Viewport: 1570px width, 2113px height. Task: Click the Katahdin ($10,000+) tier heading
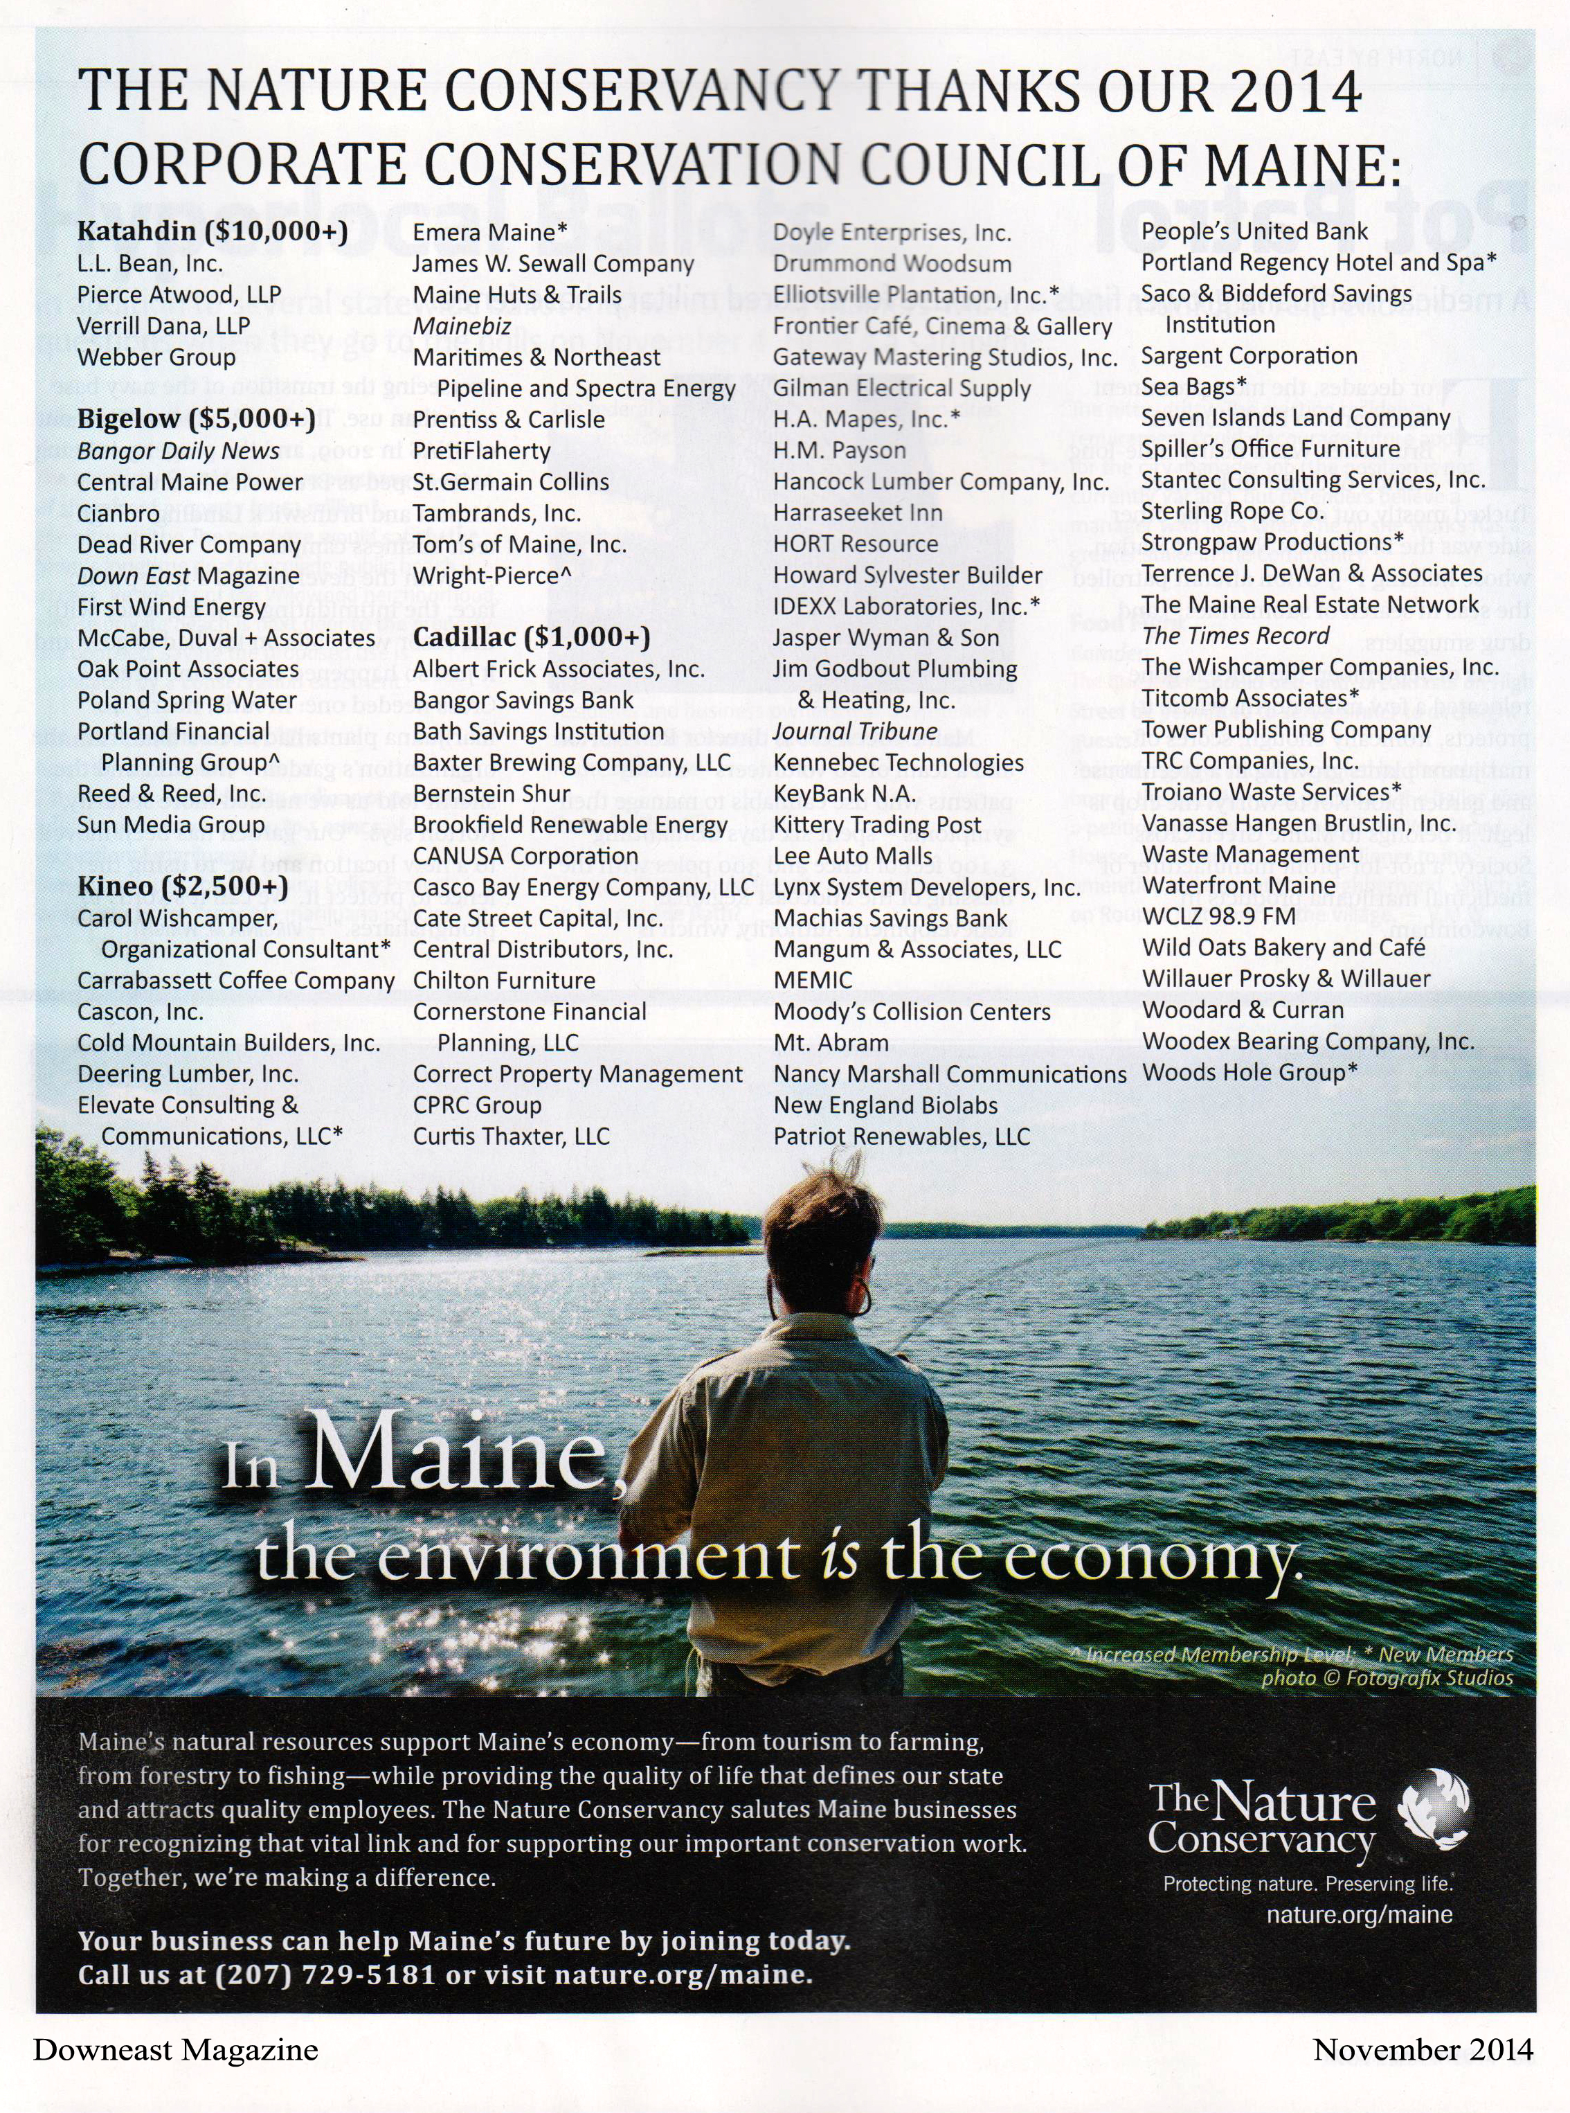click(212, 231)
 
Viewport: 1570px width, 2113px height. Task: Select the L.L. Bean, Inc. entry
click(150, 263)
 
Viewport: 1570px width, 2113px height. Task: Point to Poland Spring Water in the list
click(187, 701)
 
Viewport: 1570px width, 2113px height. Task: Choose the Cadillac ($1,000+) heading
click(531, 637)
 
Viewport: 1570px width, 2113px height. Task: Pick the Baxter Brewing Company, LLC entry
click(572, 763)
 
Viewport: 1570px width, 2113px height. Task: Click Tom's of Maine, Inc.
click(520, 544)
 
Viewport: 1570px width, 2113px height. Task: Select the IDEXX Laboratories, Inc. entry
click(905, 607)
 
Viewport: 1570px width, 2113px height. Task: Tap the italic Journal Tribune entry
click(856, 731)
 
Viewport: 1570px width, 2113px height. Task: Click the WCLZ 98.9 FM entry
click(1218, 916)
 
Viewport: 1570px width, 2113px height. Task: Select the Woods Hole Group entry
click(1249, 1072)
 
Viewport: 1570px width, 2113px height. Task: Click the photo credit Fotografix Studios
click(1428, 1677)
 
